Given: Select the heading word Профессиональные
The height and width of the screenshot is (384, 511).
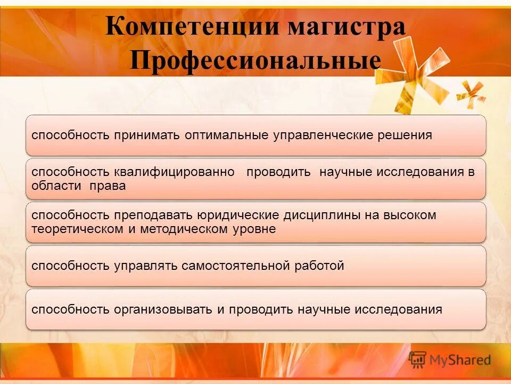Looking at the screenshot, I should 256,60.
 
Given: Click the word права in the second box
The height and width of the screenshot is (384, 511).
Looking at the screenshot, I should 108,186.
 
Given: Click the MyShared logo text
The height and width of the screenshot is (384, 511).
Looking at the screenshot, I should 460,360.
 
